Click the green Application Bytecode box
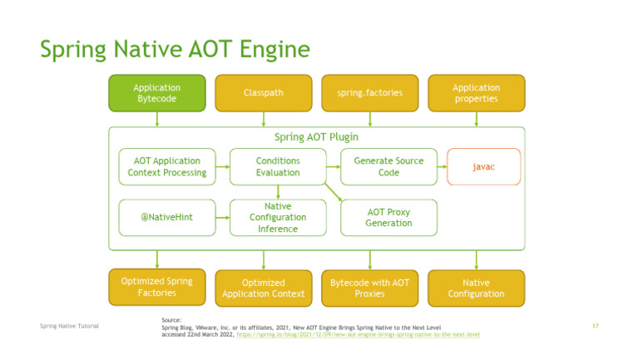pyautogui.click(x=156, y=93)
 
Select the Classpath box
pyautogui.click(x=263, y=93)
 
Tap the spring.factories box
pyautogui.click(x=369, y=93)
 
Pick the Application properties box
pyautogui.click(x=476, y=93)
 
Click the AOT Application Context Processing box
pyautogui.click(x=166, y=166)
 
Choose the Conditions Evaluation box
pyautogui.click(x=277, y=166)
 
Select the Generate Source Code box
pyautogui.click(x=389, y=166)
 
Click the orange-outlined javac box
pyautogui.click(x=483, y=166)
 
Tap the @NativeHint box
pyautogui.click(x=166, y=217)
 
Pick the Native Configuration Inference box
pyautogui.click(x=277, y=217)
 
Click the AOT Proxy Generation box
pyautogui.click(x=389, y=217)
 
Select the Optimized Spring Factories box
pyautogui.click(x=156, y=287)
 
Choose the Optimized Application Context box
pyautogui.click(x=263, y=288)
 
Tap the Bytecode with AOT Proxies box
pyautogui.click(x=369, y=288)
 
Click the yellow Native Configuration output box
pyautogui.click(x=476, y=288)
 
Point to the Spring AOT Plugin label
pyautogui.click(x=316, y=136)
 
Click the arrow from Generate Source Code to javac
pyautogui.click(x=442, y=166)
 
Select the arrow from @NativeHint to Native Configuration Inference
pyautogui.click(x=222, y=217)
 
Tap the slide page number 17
pyautogui.click(x=595, y=325)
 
